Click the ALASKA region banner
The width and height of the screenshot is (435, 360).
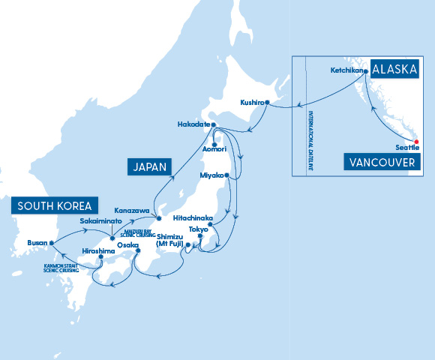click(x=394, y=70)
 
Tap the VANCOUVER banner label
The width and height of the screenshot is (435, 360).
click(x=382, y=162)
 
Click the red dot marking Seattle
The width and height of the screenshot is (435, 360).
click(x=417, y=140)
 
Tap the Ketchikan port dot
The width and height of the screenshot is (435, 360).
click(x=365, y=71)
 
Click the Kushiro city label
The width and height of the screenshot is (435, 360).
click(x=251, y=101)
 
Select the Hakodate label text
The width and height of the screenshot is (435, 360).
click(x=193, y=124)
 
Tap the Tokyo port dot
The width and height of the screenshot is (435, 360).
click(x=211, y=224)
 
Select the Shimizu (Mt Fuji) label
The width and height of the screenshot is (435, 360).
click(x=174, y=240)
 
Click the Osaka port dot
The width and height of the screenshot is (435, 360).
click(x=138, y=250)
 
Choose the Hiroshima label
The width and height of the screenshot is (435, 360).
click(x=98, y=250)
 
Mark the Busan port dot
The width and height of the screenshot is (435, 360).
click(x=51, y=243)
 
